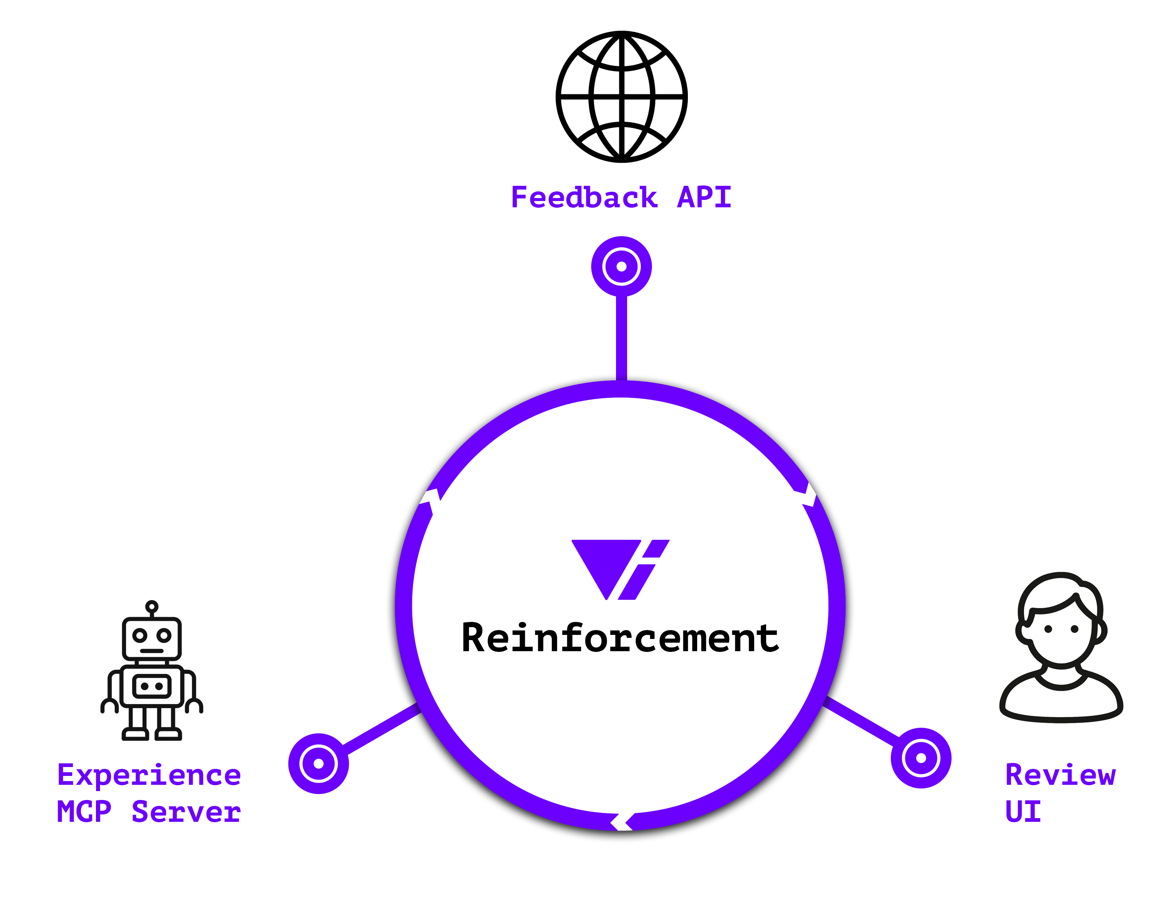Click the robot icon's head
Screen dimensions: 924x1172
152,638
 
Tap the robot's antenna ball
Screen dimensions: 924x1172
152,606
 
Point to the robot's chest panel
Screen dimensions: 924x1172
152,686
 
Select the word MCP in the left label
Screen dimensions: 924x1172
84,811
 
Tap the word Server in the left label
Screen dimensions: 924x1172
186,811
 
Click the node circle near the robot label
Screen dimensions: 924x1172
318,763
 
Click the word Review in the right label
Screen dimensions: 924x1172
1060,775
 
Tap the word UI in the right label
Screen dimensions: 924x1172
1023,811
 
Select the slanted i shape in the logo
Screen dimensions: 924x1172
643,571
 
